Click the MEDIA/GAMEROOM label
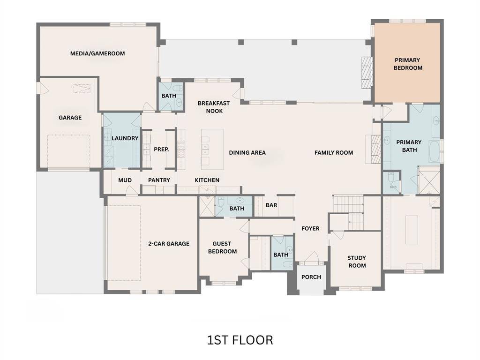tap(97, 53)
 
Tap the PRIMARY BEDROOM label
tap(408, 64)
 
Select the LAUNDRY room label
tap(125, 138)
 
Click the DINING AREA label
tap(247, 153)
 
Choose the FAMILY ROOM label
tap(334, 153)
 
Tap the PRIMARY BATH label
tap(409, 146)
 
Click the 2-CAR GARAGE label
tap(168, 244)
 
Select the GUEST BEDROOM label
tap(222, 247)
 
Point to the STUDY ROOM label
tap(356, 262)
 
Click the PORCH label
tap(311, 277)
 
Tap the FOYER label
tap(310, 229)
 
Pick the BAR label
tap(271, 205)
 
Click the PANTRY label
tap(159, 180)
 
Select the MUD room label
tap(125, 180)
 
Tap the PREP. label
tap(161, 150)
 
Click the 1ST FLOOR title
tap(240, 340)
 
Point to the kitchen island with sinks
tap(212, 149)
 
